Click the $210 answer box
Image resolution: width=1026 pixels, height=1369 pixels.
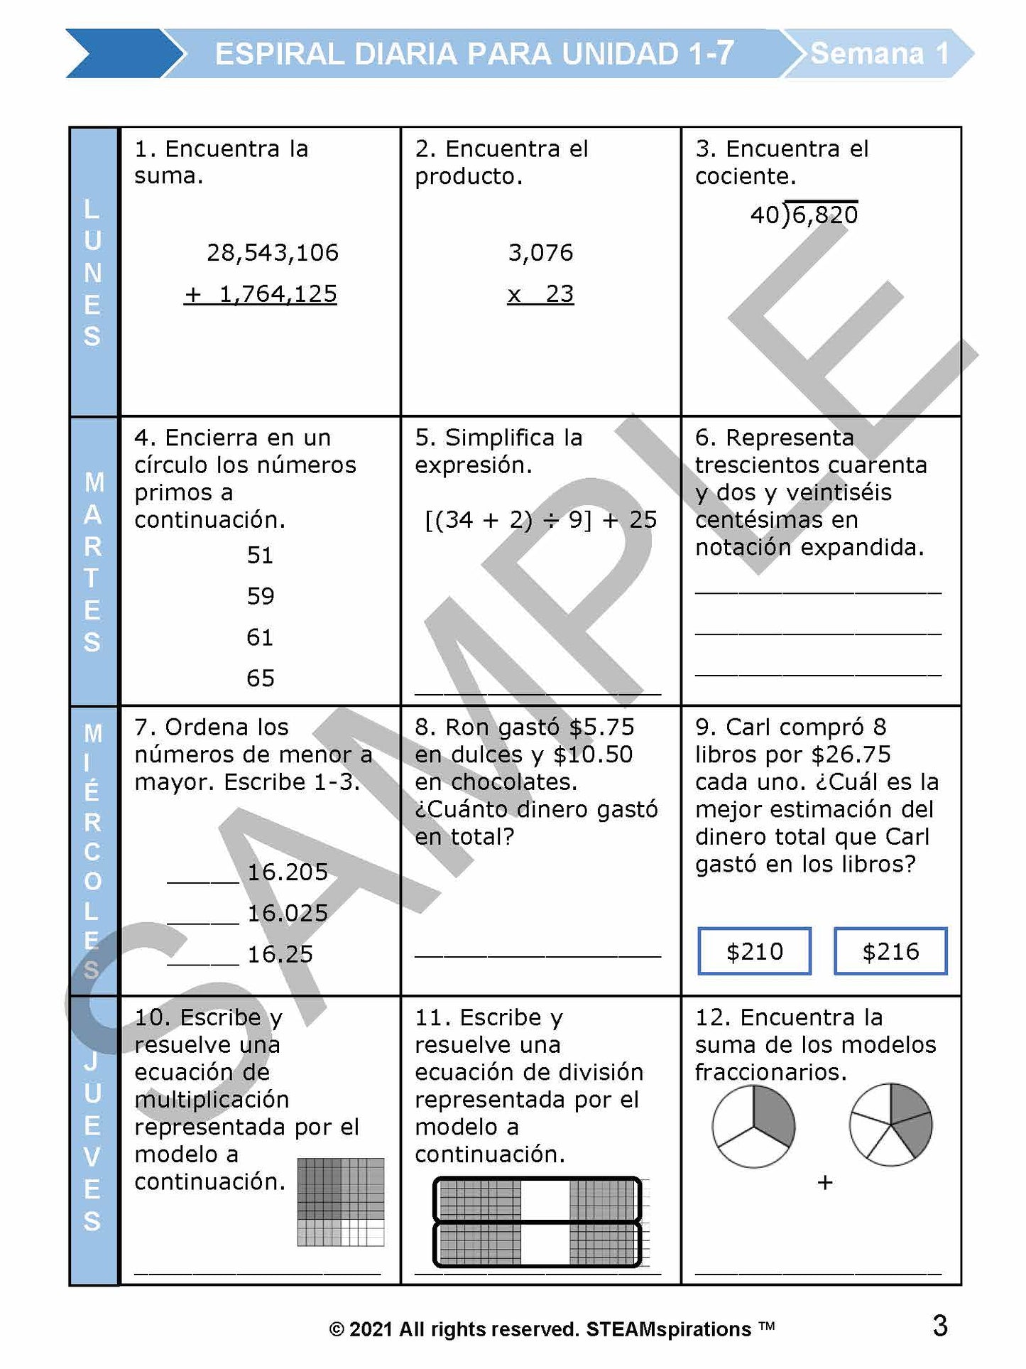coord(754,951)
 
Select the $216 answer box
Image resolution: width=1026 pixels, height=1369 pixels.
coord(890,951)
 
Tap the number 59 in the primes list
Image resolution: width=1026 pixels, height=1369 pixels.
coord(261,596)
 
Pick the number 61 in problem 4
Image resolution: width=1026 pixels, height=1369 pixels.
coord(260,637)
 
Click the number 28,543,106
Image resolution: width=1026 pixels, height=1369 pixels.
coord(273,253)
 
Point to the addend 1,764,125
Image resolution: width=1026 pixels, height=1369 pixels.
coord(278,294)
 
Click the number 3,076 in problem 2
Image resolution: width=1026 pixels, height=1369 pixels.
coord(540,253)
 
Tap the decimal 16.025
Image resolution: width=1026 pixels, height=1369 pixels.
coord(288,913)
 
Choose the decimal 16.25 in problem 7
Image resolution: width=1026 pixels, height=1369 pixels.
coord(280,954)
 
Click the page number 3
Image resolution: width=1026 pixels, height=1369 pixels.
coord(939,1326)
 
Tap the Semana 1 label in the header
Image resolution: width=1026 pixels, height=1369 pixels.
coord(880,53)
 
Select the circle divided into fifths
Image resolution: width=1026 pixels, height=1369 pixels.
coord(890,1125)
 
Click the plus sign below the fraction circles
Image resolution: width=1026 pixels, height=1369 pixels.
coord(824,1183)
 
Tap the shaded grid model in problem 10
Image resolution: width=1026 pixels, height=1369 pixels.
coord(340,1202)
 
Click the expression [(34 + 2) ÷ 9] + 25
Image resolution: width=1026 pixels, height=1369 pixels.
coord(540,520)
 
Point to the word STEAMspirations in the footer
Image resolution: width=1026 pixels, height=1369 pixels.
coord(668,1329)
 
